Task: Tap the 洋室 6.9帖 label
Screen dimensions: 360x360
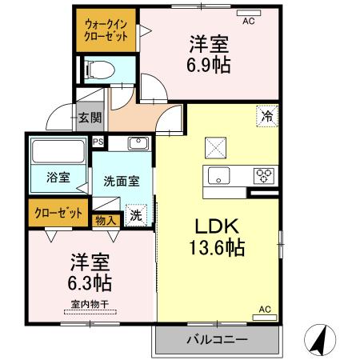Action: point(210,54)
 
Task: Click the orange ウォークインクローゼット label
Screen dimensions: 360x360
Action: point(106,31)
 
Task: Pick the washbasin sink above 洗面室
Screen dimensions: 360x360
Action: point(137,145)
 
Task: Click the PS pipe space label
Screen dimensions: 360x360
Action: point(98,142)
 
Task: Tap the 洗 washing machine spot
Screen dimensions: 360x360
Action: point(136,214)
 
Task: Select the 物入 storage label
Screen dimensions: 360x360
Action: point(106,218)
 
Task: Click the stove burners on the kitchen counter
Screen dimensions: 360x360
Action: point(264,175)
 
